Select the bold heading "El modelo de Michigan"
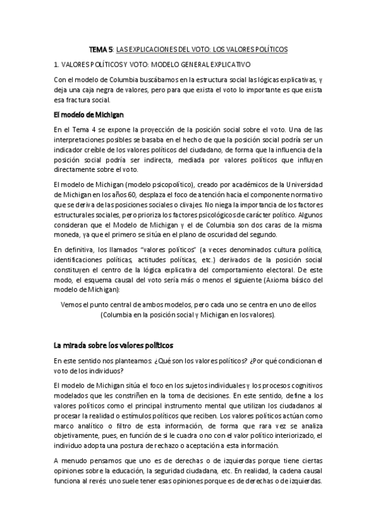pos(89,114)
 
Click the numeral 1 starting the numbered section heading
pos(56,65)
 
